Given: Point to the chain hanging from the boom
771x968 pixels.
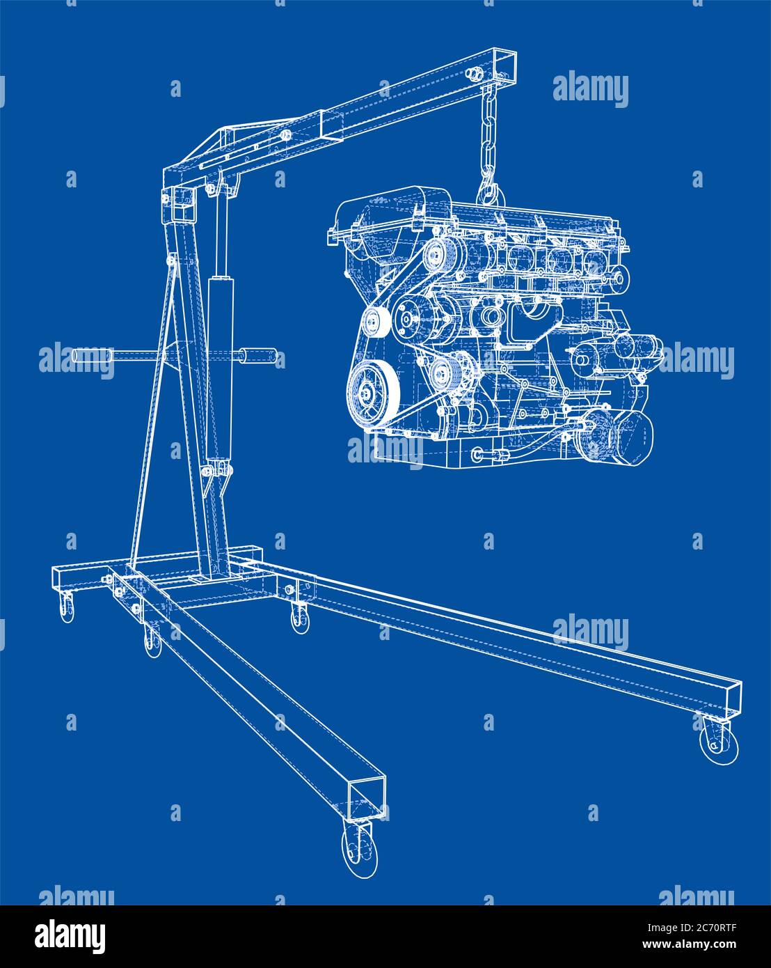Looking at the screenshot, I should pyautogui.click(x=486, y=139).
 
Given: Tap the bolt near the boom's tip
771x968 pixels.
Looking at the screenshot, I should pyautogui.click(x=475, y=74).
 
